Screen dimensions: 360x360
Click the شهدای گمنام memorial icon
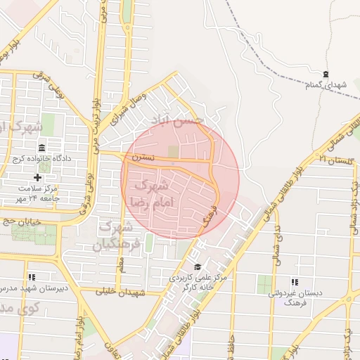[325, 74]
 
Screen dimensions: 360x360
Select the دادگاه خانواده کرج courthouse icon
[42, 148]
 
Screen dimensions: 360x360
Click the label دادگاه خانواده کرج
[42, 159]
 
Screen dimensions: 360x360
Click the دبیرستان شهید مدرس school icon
[31, 278]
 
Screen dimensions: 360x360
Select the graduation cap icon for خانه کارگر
[198, 266]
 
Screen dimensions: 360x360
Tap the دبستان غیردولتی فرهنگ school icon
[294, 282]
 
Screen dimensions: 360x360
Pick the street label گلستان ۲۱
[331, 159]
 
